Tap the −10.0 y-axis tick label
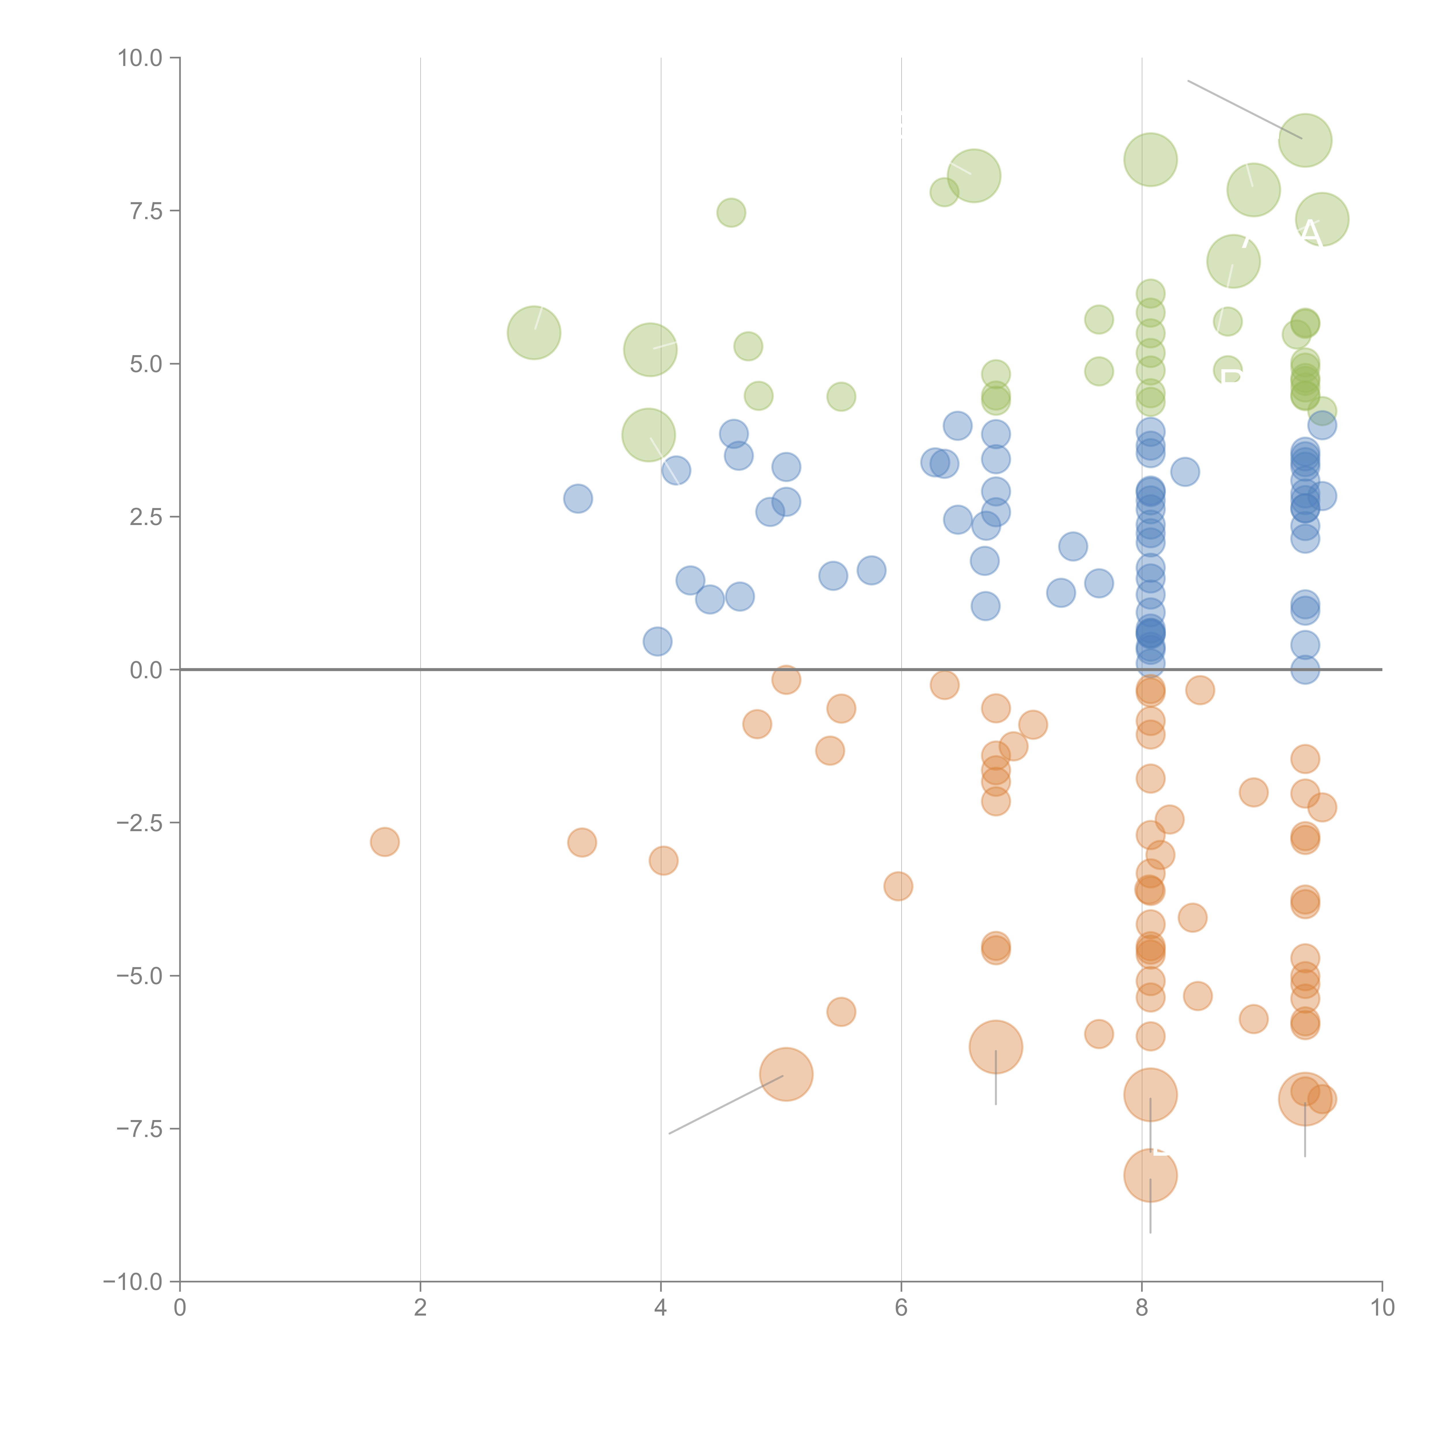point(133,1282)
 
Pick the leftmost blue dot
point(578,499)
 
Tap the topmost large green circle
point(1305,140)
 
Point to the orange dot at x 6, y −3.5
point(898,886)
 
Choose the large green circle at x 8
point(1150,160)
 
